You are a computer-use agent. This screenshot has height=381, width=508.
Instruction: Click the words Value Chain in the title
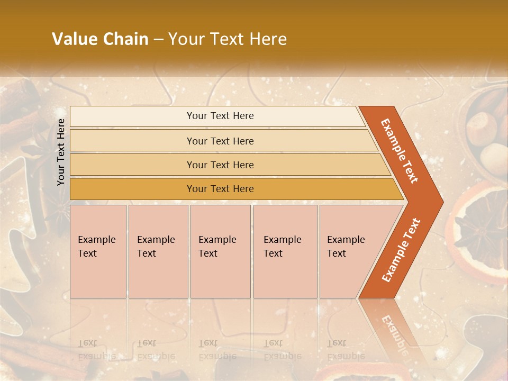coord(100,39)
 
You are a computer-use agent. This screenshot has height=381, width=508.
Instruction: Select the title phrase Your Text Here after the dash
coord(228,39)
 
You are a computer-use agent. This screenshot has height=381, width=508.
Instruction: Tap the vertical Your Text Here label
coord(61,152)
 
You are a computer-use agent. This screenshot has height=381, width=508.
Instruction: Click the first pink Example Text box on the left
coord(98,251)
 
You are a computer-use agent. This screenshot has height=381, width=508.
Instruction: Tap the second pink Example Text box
coord(158,251)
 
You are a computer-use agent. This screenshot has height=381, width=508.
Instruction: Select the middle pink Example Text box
coord(220,251)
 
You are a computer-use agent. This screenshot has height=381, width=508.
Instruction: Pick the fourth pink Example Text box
coord(285,251)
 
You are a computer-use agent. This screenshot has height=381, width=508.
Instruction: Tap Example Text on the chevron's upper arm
coord(400,151)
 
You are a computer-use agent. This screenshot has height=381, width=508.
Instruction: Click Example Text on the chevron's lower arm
coord(401,250)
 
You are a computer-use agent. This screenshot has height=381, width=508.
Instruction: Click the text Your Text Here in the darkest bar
coord(220,189)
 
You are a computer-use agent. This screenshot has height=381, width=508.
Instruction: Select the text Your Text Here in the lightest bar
coord(220,116)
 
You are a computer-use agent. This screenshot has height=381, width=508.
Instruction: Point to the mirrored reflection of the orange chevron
coord(394,328)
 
